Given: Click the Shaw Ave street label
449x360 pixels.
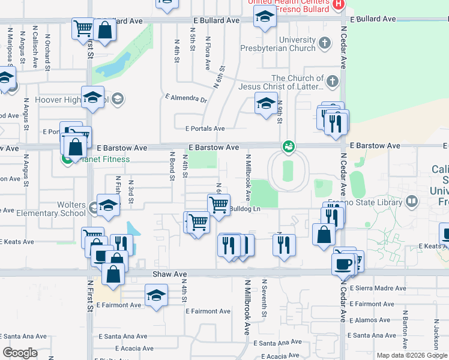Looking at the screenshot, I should [x=170, y=274].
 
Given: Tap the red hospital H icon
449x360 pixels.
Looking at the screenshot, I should [x=339, y=5].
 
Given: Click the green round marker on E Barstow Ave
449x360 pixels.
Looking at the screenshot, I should [x=288, y=146].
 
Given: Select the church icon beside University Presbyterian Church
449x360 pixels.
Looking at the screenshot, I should [x=325, y=43].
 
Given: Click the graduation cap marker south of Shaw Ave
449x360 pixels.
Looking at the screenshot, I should [x=156, y=296].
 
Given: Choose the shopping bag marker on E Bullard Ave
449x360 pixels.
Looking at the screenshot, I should [x=105, y=30].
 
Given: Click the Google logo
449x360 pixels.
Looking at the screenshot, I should [x=20, y=353].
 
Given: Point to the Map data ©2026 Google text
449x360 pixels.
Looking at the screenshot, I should [x=412, y=355].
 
